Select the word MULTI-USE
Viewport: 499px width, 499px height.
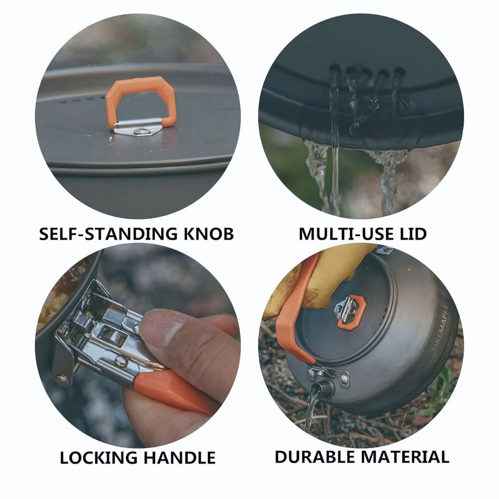(x=342, y=234)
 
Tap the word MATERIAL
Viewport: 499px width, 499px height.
(x=405, y=457)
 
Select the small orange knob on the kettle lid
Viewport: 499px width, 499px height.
(x=352, y=312)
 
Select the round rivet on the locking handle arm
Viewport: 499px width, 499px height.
(x=122, y=360)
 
